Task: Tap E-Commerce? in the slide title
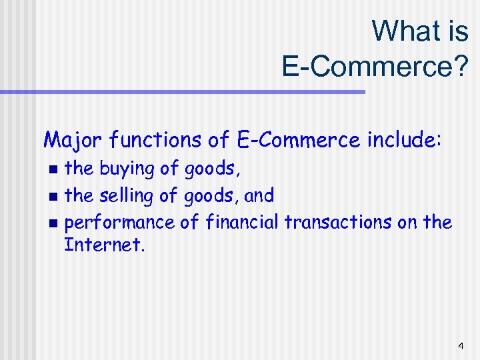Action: pos(375,65)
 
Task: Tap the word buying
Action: pos(127,169)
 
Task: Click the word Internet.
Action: pos(103,245)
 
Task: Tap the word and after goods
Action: pos(259,196)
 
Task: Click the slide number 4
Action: pos(461,346)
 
